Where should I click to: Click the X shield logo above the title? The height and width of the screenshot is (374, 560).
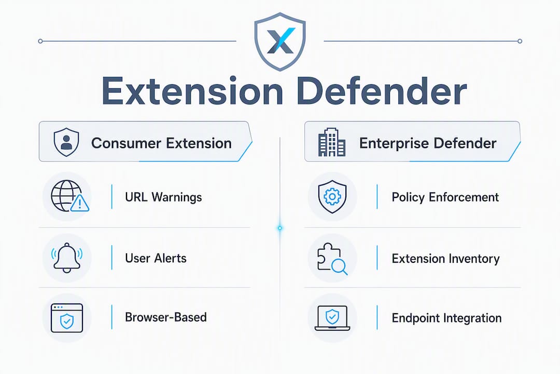coord(280,42)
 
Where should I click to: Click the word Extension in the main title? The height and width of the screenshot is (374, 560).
coord(192,91)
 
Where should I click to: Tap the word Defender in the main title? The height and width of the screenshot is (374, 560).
coord(382,91)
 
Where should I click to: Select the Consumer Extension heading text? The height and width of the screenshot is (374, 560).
coord(161,143)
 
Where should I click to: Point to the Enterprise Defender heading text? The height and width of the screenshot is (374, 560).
coord(428,143)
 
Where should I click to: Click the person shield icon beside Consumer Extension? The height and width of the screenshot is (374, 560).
coord(66,142)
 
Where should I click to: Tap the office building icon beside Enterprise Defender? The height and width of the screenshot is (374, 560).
coord(332,142)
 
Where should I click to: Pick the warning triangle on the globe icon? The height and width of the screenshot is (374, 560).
coord(80,203)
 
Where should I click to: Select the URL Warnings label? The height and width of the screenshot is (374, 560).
coord(163,197)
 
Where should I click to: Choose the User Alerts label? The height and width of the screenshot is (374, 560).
coord(156,258)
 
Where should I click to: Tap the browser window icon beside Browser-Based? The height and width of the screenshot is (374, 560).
coord(67,318)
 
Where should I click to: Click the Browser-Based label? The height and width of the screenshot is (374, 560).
coord(166,317)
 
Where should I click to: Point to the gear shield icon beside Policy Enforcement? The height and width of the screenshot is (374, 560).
coord(332,196)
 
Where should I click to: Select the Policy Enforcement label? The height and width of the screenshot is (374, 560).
coord(445,197)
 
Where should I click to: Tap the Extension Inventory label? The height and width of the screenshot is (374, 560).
coord(446,258)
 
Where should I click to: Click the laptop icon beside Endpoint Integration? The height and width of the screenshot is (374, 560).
coord(332,318)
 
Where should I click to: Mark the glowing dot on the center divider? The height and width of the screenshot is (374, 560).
coord(280,228)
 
